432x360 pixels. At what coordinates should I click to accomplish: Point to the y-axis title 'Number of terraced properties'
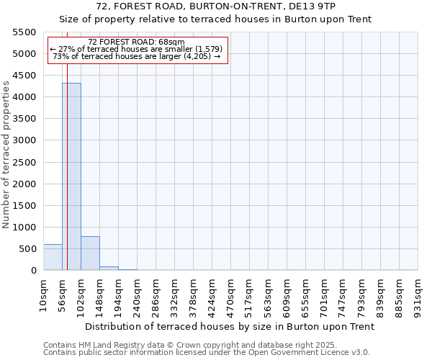pos(6,155)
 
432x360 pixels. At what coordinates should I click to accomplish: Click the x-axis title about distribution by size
pos(230,326)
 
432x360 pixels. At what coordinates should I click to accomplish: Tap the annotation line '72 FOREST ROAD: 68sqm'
pos(136,42)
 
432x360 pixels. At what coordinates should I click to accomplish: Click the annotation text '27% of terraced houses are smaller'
pos(137,49)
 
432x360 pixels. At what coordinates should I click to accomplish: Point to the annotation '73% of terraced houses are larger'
pos(137,56)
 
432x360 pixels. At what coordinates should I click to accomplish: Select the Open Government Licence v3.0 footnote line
pos(207,353)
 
